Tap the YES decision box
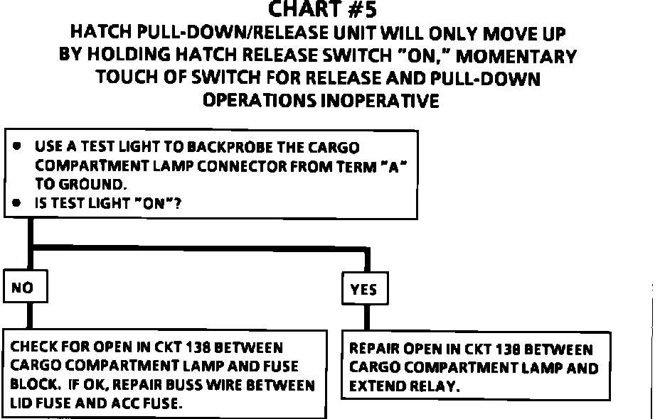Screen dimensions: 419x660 tap(363, 290)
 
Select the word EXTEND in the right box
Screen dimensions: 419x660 tap(373, 388)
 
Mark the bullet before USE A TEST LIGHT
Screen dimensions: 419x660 tap(16, 148)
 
